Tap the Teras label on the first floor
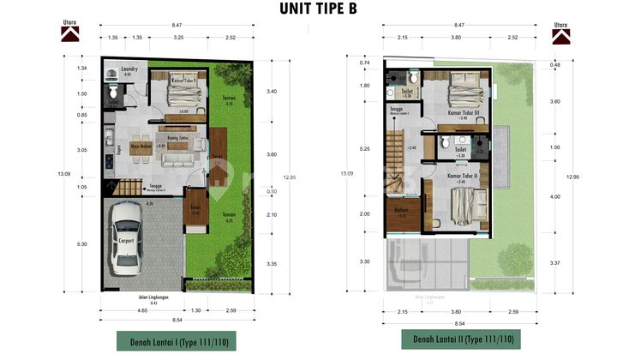click(195, 210)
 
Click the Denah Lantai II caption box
click(462, 339)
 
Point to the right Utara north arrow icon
click(561, 34)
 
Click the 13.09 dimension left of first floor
click(63, 174)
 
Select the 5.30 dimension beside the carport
click(81, 243)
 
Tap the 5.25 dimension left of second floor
click(365, 148)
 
